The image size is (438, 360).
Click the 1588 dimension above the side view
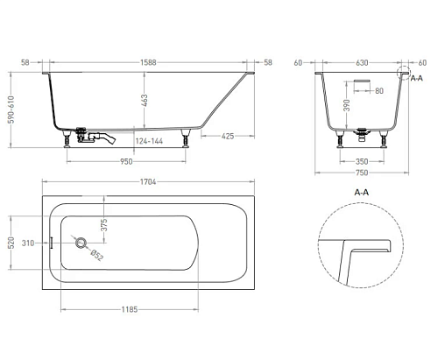tap(148, 62)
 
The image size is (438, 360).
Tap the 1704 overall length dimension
tap(148, 182)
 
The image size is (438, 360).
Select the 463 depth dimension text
tap(145, 101)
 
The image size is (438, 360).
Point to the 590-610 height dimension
tap(11, 109)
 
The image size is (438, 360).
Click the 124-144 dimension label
tap(149, 141)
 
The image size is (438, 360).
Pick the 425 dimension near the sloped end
tap(228, 136)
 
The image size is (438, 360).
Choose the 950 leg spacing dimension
tap(126, 161)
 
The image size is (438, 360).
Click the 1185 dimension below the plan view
tap(130, 309)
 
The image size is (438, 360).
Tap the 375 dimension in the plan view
tap(104, 224)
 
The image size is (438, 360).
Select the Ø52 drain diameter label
tap(97, 255)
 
